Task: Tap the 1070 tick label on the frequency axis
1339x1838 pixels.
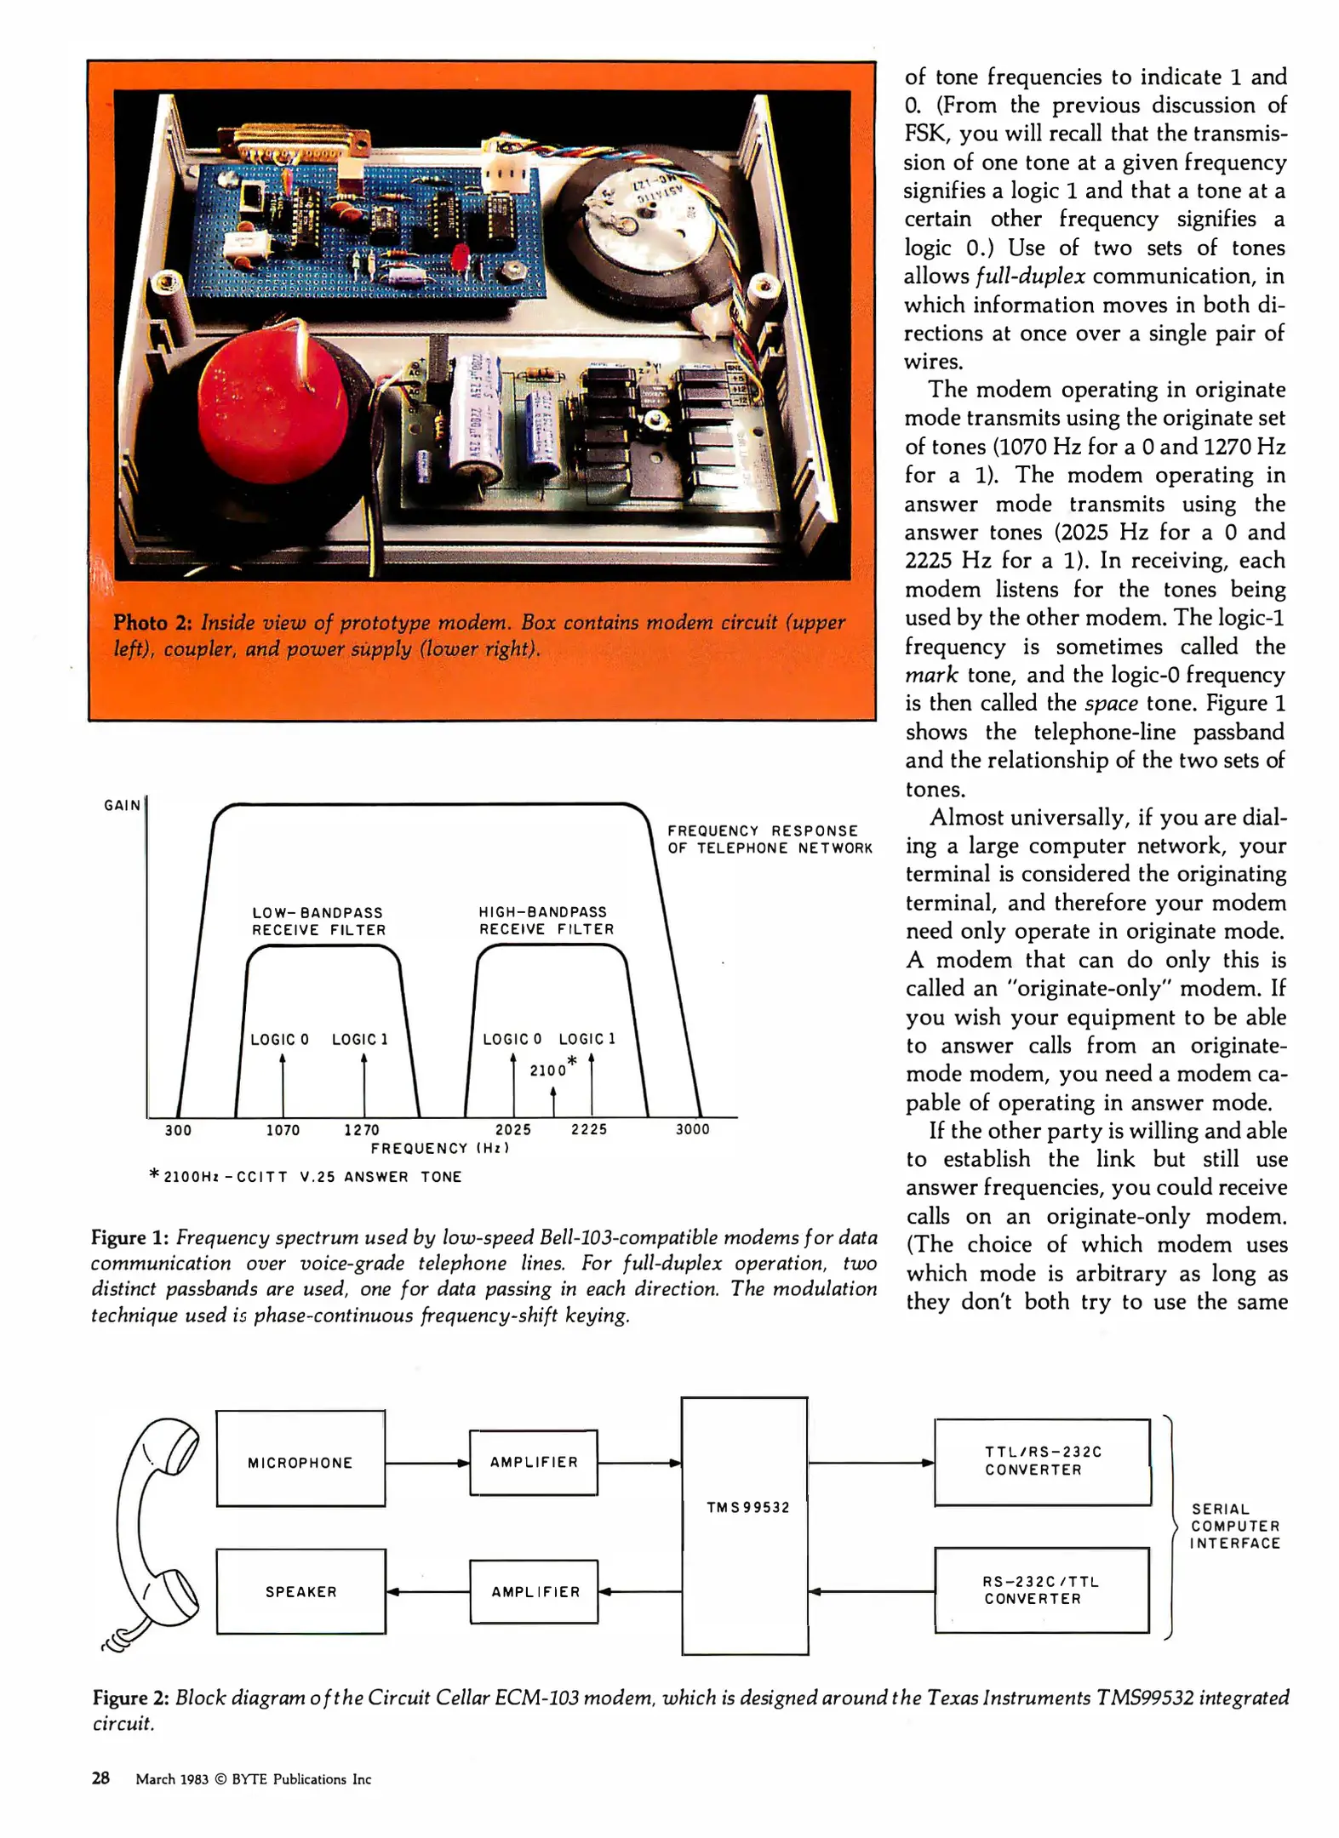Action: point(283,1130)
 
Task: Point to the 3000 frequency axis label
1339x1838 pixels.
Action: point(692,1129)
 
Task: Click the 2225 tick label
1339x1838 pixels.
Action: point(589,1129)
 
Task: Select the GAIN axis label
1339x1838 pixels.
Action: point(122,805)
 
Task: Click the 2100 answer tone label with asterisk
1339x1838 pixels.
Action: point(552,1069)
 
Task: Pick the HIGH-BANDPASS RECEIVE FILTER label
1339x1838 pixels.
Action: point(545,921)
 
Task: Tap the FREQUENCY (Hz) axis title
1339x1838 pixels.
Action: point(439,1149)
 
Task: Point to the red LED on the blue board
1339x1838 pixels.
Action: point(462,255)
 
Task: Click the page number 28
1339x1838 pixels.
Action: point(100,1778)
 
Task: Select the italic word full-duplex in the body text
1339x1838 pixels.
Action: point(1030,277)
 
